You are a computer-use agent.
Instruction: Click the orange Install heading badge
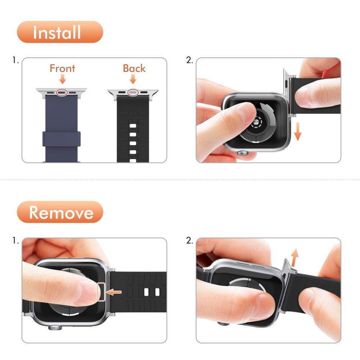60,32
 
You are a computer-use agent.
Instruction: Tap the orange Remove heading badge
60,212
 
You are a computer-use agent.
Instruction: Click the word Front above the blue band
62,68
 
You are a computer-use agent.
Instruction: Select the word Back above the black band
134,68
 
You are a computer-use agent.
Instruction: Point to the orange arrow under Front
63,79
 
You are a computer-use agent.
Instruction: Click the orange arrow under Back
133,79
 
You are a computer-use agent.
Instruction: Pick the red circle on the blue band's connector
62,92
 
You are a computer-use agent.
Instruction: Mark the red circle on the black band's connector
133,92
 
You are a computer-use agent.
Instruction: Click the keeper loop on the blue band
61,139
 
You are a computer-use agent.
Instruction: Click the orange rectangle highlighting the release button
102,292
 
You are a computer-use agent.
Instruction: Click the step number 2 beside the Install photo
190,60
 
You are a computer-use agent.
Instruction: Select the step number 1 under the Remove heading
15,240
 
